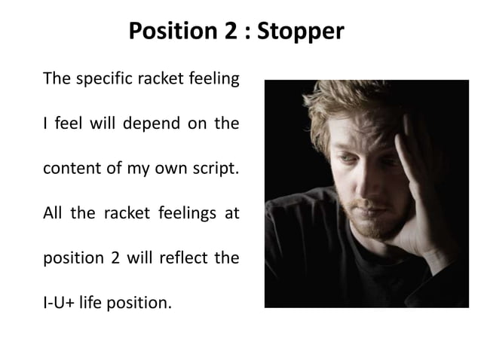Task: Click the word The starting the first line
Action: (x=57, y=79)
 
